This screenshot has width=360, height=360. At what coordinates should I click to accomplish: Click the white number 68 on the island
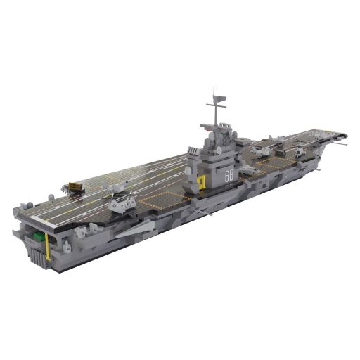click(x=229, y=176)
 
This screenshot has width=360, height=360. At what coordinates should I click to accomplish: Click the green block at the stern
click(x=39, y=236)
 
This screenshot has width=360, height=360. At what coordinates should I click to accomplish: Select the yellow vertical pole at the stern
click(x=48, y=247)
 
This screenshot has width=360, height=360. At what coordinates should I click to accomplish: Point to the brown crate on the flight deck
click(x=75, y=186)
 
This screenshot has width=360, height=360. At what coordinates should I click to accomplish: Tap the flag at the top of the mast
click(x=221, y=98)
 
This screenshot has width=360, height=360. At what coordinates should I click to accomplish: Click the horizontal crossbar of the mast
click(x=216, y=105)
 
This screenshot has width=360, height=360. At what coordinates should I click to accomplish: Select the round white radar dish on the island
click(x=219, y=150)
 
